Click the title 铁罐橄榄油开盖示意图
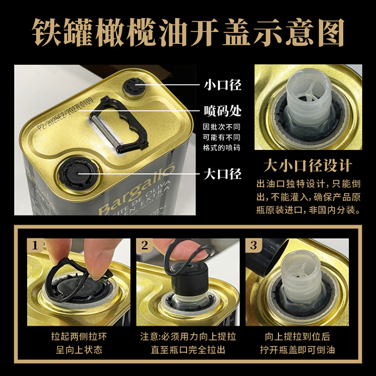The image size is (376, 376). click(x=188, y=31)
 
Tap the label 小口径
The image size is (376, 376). click(x=222, y=85)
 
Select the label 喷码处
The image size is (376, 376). click(x=222, y=110)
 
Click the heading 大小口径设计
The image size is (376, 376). click(x=308, y=165)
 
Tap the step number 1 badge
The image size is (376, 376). click(x=35, y=246)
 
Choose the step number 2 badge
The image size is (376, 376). click(x=145, y=246)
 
